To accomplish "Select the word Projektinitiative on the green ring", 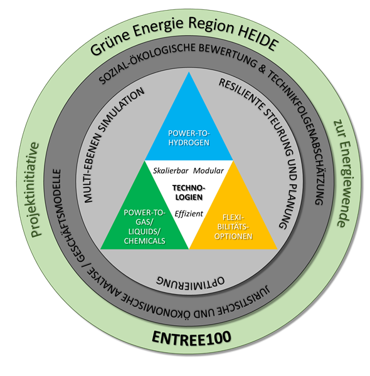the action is coord(35,189).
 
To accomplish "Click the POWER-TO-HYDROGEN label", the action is coord(189,138).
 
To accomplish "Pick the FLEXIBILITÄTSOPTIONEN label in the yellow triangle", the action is coord(233,227).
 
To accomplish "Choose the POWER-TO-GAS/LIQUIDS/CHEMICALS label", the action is coord(144,227).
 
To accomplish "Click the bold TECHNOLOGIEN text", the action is coord(189,192).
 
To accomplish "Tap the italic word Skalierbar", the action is coord(171,170).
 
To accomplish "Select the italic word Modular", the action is coord(208,170).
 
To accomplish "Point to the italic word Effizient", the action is coord(189,214).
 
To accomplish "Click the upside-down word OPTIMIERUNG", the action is coord(190,282).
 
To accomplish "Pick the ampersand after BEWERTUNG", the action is coord(262,68).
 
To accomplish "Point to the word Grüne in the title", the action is coord(111,43).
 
